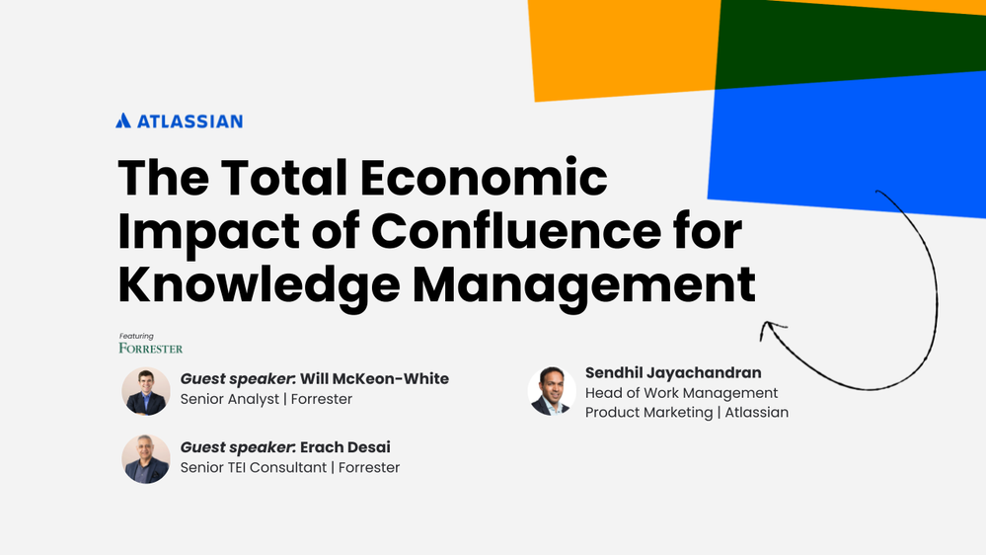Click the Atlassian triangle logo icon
tap(123, 120)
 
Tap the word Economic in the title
tap(485, 180)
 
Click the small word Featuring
tap(135, 336)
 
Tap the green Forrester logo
tap(150, 349)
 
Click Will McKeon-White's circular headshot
tap(146, 391)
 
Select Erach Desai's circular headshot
tap(146, 459)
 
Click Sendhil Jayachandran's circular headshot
tap(552, 391)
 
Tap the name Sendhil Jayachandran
tap(673, 372)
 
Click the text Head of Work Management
tap(681, 393)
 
